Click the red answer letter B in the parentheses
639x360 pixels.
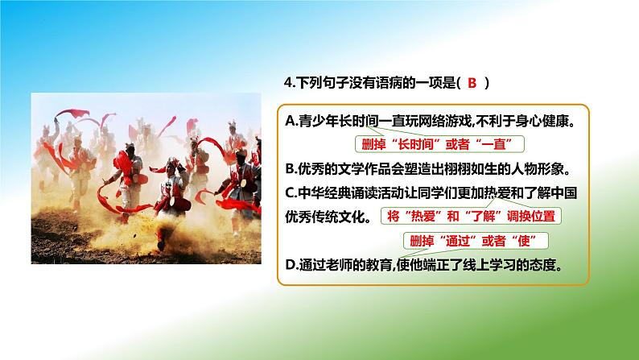tap(472, 83)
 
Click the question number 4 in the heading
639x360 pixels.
tap(289, 83)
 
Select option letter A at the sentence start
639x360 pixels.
tap(290, 121)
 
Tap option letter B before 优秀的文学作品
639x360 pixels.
tap(290, 168)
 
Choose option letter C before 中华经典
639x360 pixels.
tap(290, 192)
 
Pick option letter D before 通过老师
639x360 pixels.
tap(291, 265)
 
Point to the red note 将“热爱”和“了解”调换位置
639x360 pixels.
tap(470, 216)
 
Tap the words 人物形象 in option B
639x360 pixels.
tap(538, 168)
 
